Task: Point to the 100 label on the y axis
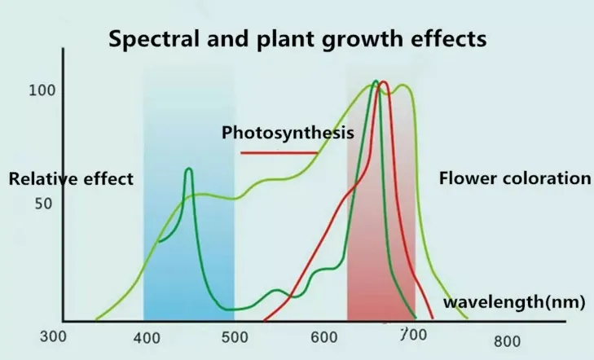[x=42, y=90]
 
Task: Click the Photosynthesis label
[x=288, y=133]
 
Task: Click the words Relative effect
[x=70, y=179]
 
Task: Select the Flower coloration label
[x=514, y=178]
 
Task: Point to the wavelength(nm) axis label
[x=514, y=303]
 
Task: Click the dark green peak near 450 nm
[x=189, y=169]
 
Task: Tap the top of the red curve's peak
[x=383, y=82]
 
